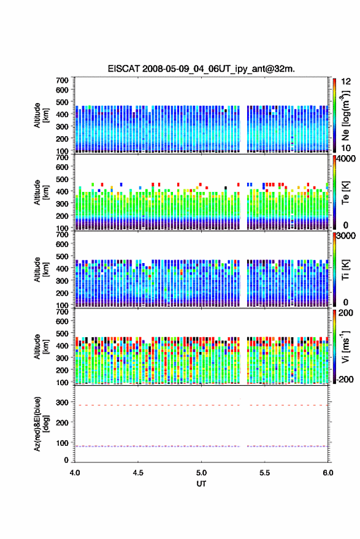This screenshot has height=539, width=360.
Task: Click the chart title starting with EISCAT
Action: (201, 69)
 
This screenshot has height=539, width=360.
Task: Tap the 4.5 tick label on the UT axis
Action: (138, 473)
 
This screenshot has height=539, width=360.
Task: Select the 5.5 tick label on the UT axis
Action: (264, 473)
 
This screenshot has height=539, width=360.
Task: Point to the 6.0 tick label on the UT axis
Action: (327, 473)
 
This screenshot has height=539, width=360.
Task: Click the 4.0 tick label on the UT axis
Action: (75, 473)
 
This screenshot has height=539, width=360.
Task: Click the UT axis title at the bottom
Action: (201, 484)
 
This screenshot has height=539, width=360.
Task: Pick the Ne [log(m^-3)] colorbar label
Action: (346, 116)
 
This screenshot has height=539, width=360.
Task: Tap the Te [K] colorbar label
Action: (345, 193)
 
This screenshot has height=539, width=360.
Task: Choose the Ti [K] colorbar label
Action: (345, 270)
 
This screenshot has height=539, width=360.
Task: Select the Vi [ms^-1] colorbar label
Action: (345, 347)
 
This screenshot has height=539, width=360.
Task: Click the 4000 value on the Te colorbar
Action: (347, 158)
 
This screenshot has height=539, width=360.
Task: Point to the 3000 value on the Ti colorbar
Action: (347, 236)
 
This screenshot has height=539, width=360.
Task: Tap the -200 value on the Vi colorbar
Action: (345, 380)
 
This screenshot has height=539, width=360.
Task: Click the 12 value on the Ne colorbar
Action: (346, 82)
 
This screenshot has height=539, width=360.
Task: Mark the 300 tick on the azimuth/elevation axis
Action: (62, 402)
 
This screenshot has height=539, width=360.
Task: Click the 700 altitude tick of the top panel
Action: (62, 80)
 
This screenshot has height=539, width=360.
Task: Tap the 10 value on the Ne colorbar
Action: (346, 148)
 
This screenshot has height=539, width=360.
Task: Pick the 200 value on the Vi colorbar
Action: (345, 313)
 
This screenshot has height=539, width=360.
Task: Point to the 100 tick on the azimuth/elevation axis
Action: (62, 443)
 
